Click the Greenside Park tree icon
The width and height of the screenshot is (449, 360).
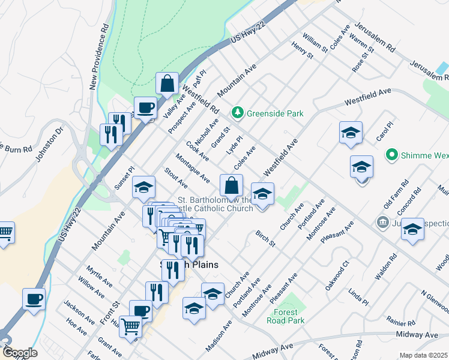click(238, 113)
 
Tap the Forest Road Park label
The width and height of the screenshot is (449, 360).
click(286, 316)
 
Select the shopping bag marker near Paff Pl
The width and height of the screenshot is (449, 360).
click(167, 84)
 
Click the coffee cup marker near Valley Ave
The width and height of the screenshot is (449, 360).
click(145, 108)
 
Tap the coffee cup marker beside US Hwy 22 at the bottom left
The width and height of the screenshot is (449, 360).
click(34, 299)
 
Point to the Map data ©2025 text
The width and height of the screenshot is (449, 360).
click(423, 355)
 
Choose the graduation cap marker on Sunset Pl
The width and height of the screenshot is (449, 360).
click(143, 188)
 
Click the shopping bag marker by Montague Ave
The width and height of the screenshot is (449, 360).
click(232, 185)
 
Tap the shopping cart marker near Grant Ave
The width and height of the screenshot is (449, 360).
click(130, 328)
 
